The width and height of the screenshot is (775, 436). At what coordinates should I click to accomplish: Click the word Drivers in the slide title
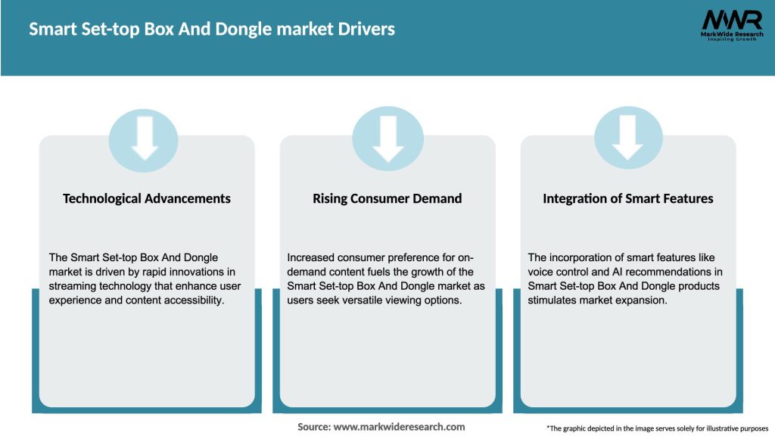(364, 30)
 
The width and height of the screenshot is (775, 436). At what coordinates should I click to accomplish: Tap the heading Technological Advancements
(147, 198)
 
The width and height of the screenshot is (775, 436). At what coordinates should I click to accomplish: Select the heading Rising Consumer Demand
(387, 198)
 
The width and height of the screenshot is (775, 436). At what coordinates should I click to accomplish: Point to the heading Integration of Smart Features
(628, 198)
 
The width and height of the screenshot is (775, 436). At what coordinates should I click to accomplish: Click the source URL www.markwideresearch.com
(399, 427)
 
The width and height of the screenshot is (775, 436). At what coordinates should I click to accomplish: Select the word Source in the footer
(313, 427)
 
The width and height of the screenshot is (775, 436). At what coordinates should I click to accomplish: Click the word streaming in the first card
(73, 286)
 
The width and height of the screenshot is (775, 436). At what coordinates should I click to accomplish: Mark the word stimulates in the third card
(555, 301)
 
